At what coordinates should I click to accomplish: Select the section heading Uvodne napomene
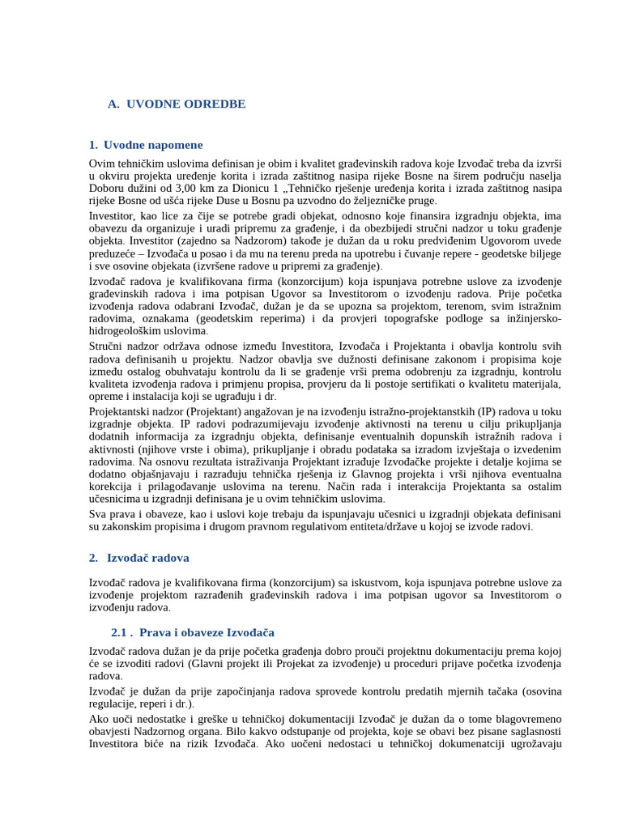coord(153,145)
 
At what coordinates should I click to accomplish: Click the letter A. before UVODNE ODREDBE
coord(113,104)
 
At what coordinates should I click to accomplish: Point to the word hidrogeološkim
coord(124,331)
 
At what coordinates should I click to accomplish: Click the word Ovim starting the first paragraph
coord(103,164)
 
